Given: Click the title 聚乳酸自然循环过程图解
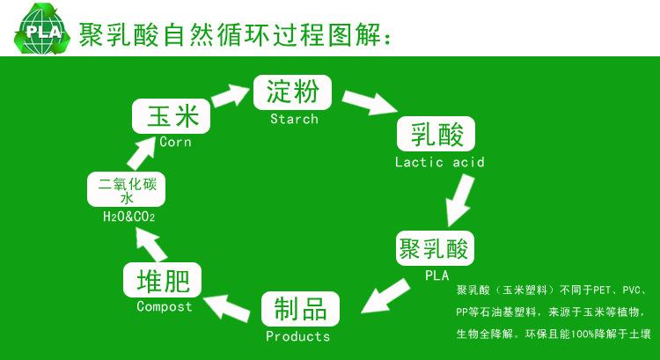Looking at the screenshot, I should pyautogui.click(x=232, y=33).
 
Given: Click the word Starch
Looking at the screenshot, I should pyautogui.click(x=293, y=119).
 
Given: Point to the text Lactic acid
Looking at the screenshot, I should pyautogui.click(x=439, y=162).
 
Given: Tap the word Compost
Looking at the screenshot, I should pyautogui.click(x=164, y=306).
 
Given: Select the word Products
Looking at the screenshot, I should pyautogui.click(x=298, y=336).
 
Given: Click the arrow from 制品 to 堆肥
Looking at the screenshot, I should pyautogui.click(x=230, y=305).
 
